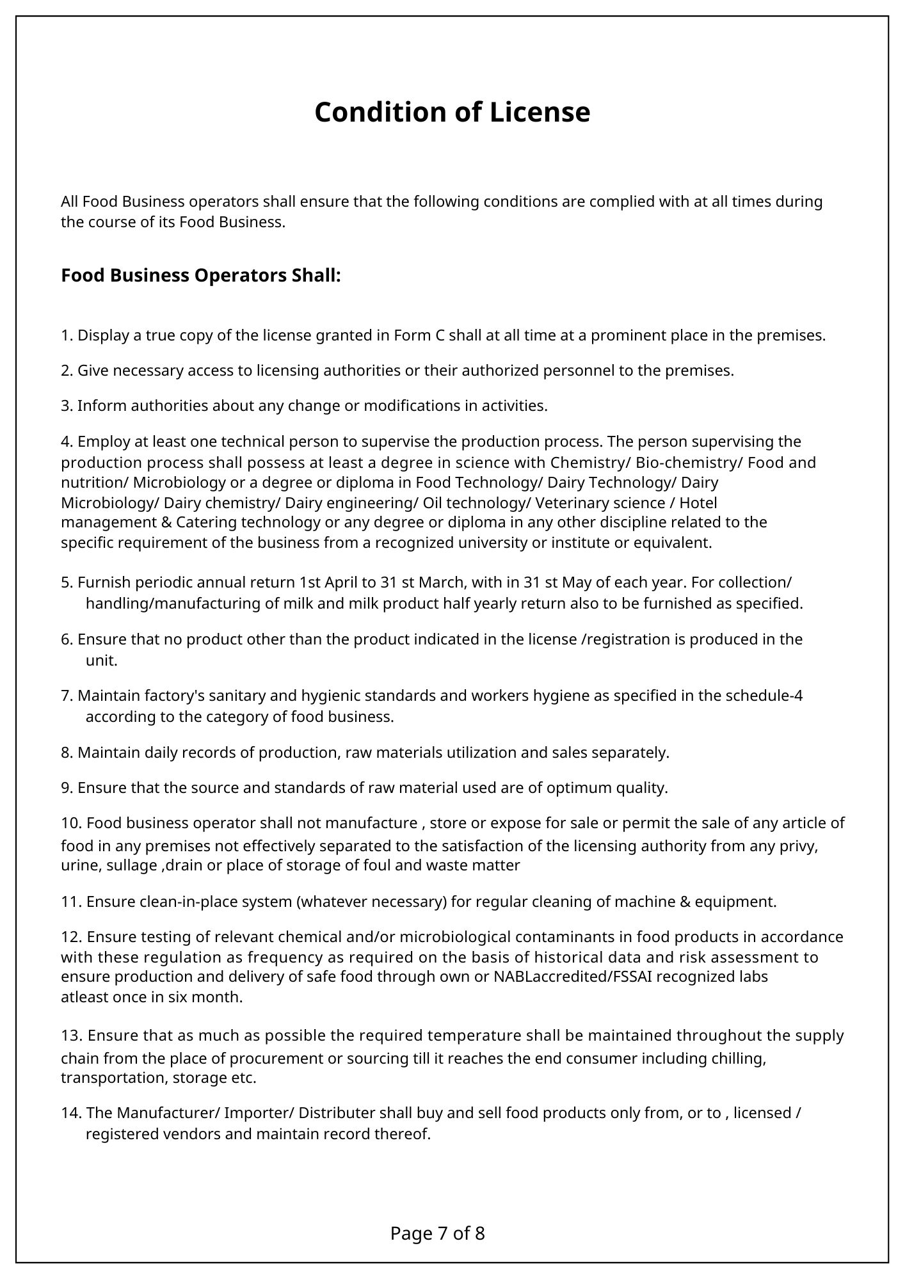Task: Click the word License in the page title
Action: [540, 113]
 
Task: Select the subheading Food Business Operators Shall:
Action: [201, 276]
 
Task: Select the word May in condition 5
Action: [580, 582]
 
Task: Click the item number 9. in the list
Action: [67, 788]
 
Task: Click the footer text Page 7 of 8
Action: [438, 1233]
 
